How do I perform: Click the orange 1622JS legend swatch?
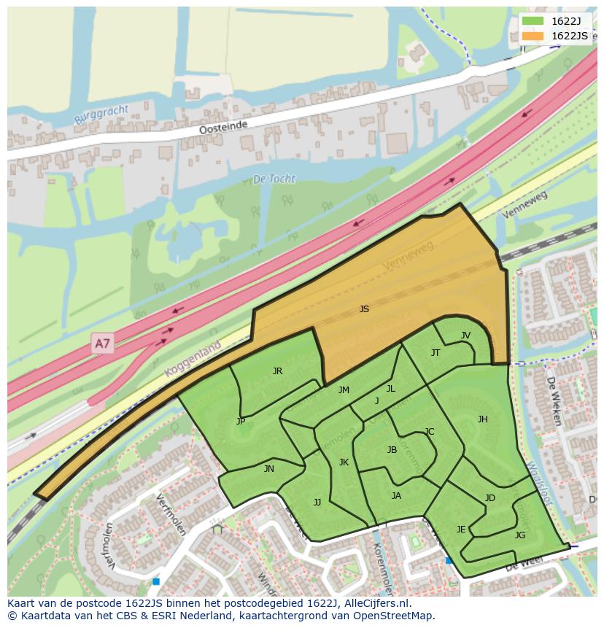(x=533, y=36)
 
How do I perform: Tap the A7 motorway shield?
(x=103, y=343)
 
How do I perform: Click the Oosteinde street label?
(x=223, y=127)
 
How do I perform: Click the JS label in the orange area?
(x=364, y=309)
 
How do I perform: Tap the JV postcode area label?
(x=465, y=336)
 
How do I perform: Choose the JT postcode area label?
(x=435, y=353)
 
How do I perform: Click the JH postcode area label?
(x=482, y=419)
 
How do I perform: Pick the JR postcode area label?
(x=277, y=371)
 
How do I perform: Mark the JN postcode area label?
(x=268, y=469)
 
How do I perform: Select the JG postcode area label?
(x=519, y=535)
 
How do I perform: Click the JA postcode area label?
(x=396, y=496)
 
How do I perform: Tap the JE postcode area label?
(x=461, y=530)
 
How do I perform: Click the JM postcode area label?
(x=344, y=390)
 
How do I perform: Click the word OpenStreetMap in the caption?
(x=395, y=616)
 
